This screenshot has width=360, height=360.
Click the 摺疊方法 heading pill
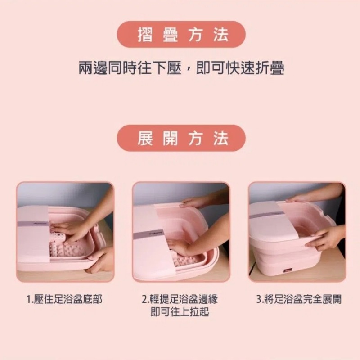[181, 35]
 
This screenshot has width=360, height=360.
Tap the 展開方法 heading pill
[181, 138]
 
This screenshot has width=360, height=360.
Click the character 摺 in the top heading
[145, 35]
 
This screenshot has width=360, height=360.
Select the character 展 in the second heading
[145, 139]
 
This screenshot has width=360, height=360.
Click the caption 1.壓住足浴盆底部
[64, 299]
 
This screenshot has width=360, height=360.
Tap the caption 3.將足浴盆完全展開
[299, 299]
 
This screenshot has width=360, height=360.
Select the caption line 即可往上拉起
[180, 312]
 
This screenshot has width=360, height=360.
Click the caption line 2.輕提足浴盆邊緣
[180, 299]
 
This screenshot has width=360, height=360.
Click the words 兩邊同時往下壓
[130, 68]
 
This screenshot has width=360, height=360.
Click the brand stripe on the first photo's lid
[33, 224]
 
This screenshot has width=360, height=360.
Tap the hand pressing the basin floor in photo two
[181, 246]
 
